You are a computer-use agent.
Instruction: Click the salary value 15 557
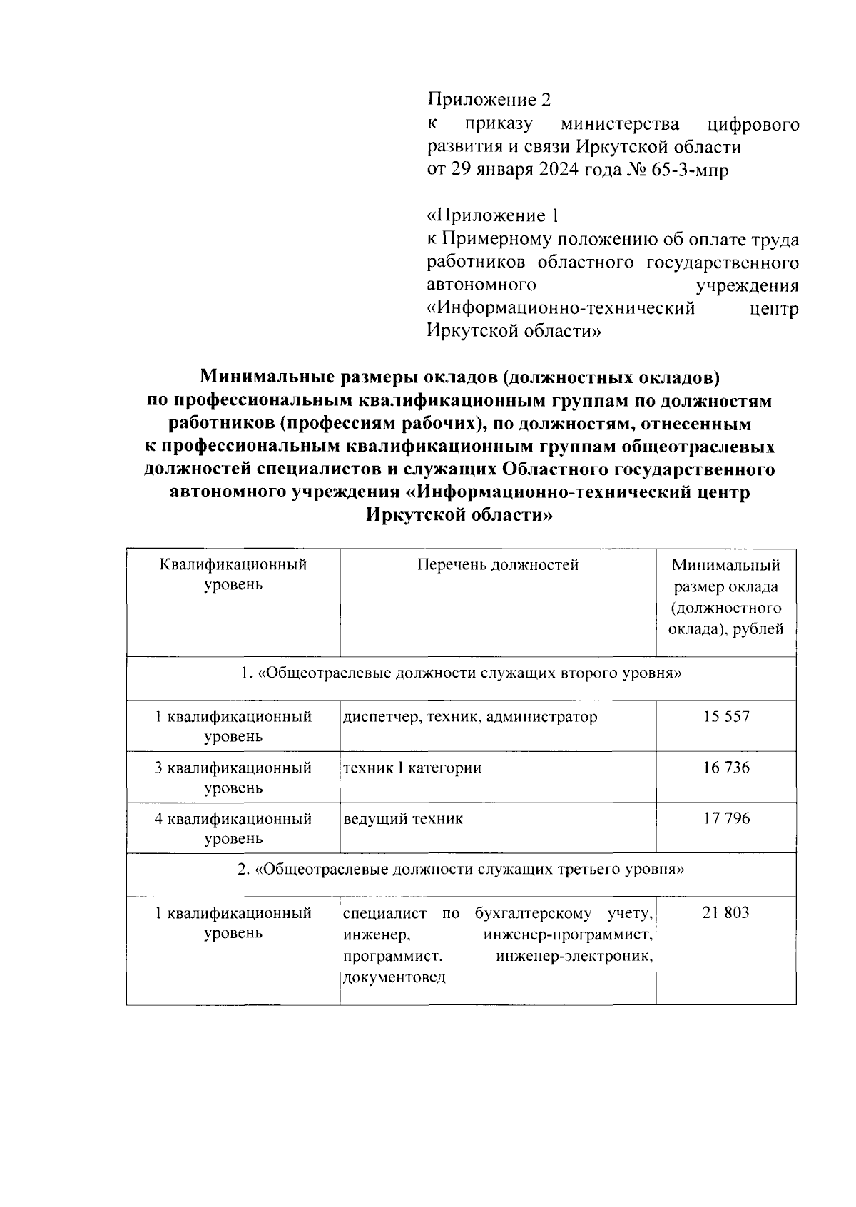tap(725, 716)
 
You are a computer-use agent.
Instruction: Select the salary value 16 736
tap(725, 768)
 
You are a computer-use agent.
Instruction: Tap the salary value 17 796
tap(725, 818)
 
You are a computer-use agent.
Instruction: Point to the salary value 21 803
tap(725, 912)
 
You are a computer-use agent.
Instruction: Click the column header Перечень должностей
tap(497, 565)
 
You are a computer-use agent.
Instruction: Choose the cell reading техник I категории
tap(412, 768)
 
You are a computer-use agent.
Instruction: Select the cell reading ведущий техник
tap(403, 818)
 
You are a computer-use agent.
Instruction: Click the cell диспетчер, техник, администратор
tap(470, 716)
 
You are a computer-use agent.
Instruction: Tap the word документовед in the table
tap(394, 977)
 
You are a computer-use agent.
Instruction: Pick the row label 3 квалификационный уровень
tap(233, 778)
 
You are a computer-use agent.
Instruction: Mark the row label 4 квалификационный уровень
tap(233, 828)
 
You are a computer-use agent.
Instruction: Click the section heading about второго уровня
tap(461, 673)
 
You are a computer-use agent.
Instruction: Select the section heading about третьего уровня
tap(461, 870)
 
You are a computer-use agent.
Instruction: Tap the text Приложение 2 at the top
tap(489, 99)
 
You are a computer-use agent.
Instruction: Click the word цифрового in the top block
tap(752, 124)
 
